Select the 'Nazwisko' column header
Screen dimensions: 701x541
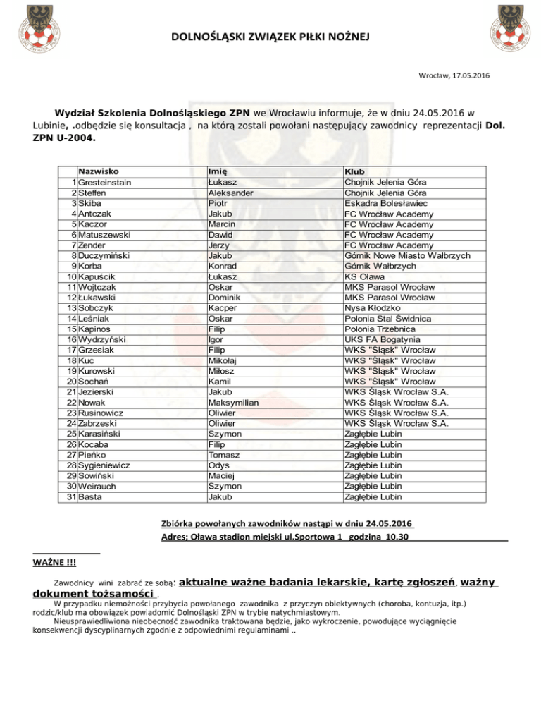coord(98,171)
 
